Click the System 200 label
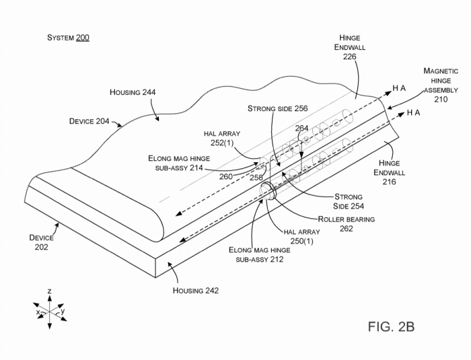click(x=68, y=38)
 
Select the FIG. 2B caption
click(x=391, y=326)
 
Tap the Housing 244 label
click(x=133, y=92)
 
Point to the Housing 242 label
click(x=196, y=291)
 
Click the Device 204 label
click(x=89, y=121)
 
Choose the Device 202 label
click(x=42, y=242)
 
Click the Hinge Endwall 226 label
click(x=350, y=47)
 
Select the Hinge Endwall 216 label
click(x=390, y=172)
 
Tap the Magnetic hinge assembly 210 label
click(x=441, y=85)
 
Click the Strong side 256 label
click(x=277, y=108)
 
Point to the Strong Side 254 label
click(x=349, y=201)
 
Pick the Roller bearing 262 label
click(x=347, y=224)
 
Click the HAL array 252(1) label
click(x=222, y=138)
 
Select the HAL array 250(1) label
click(x=302, y=236)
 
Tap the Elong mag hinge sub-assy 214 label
click(x=179, y=163)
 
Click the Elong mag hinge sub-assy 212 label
click(x=260, y=254)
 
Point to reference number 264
click(x=301, y=129)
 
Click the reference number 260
click(x=226, y=176)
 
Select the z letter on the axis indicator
click(x=50, y=291)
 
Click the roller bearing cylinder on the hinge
click(x=268, y=190)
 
